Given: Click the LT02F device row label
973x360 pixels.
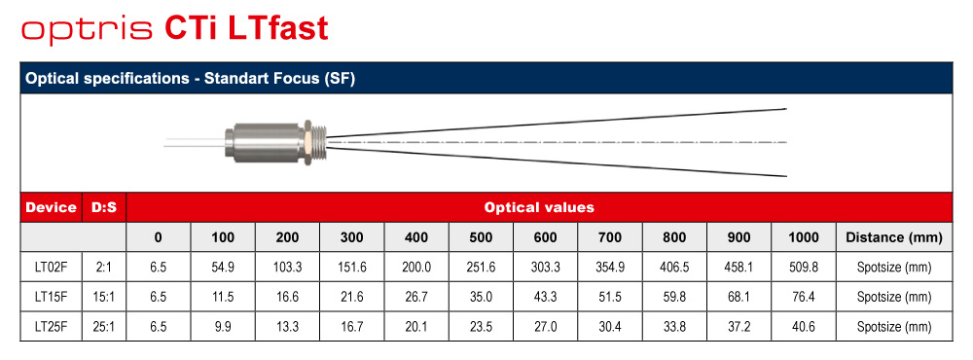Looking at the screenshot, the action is click(51, 268).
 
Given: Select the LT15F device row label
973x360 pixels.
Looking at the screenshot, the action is click(51, 298).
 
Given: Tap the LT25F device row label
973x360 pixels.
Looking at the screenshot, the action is click(51, 327).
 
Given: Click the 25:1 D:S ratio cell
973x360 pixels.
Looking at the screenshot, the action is click(104, 327).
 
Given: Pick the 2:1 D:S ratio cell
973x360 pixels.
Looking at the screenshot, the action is click(104, 268).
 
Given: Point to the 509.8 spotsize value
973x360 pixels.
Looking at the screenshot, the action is click(804, 268).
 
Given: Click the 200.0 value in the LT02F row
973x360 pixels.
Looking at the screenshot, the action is click(416, 268).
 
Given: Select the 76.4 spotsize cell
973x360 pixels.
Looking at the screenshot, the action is click(804, 298).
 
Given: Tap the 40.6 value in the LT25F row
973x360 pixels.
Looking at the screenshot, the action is click(804, 327).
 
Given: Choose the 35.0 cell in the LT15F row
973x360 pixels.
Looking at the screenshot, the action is click(481, 298).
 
